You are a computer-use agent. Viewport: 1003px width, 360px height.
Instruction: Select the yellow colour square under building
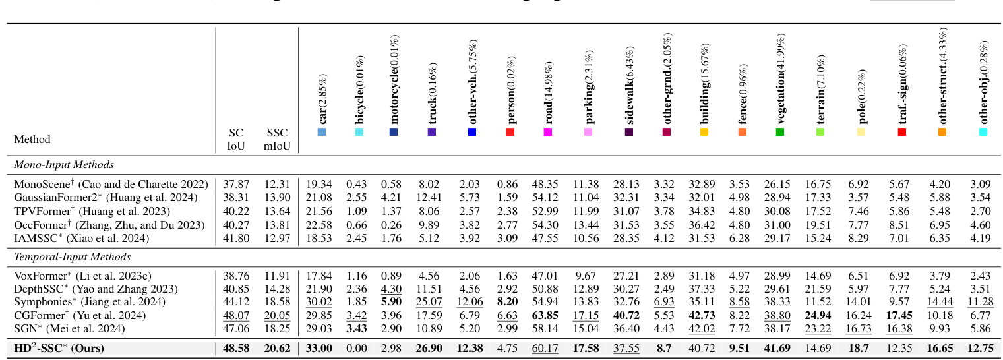point(704,133)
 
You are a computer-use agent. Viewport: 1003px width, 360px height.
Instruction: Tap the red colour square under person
point(510,133)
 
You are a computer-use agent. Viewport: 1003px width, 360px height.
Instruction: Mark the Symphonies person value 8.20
point(510,302)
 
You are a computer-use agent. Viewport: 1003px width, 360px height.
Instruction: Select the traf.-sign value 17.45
point(901,315)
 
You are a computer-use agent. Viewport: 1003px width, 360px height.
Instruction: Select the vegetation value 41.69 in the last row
point(780,347)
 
